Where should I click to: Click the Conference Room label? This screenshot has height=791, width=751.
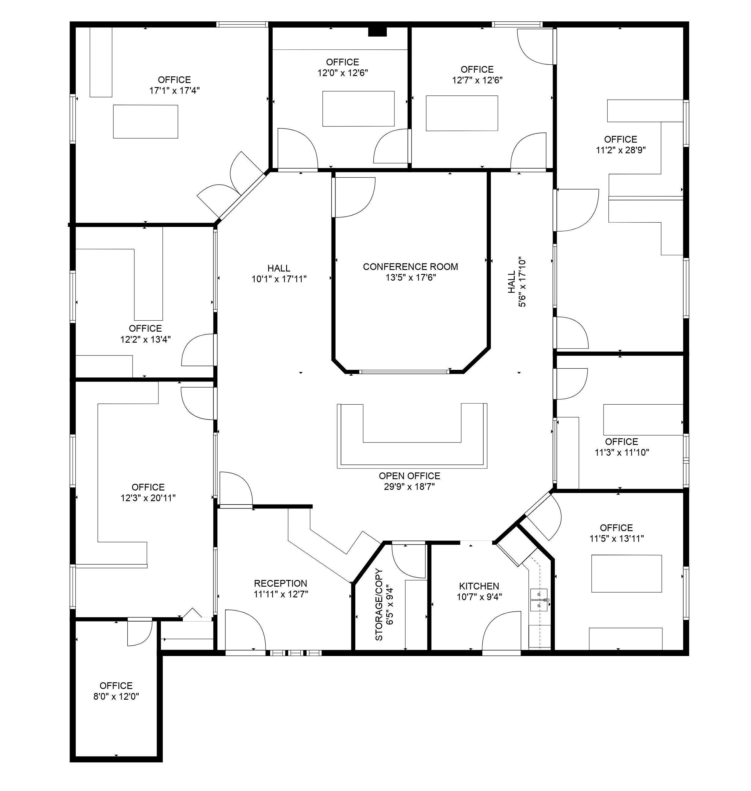pyautogui.click(x=410, y=267)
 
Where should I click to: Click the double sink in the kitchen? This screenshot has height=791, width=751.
pyautogui.click(x=539, y=600)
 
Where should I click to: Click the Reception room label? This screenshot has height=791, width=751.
pyautogui.click(x=280, y=584)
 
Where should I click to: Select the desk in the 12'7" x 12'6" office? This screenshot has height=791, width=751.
pyautogui.click(x=462, y=113)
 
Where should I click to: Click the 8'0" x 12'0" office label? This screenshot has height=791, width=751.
pyautogui.click(x=116, y=686)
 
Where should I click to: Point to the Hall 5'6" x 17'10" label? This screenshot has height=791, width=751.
pyautogui.click(x=517, y=282)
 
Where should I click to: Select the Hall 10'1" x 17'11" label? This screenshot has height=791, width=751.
pyautogui.click(x=279, y=268)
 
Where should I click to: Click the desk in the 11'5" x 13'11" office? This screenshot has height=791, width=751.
pyautogui.click(x=626, y=574)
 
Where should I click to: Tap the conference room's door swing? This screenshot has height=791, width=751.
pyautogui.click(x=354, y=197)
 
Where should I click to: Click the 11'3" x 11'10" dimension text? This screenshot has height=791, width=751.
pyautogui.click(x=621, y=453)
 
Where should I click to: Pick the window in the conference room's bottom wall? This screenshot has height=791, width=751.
pyautogui.click(x=404, y=372)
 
